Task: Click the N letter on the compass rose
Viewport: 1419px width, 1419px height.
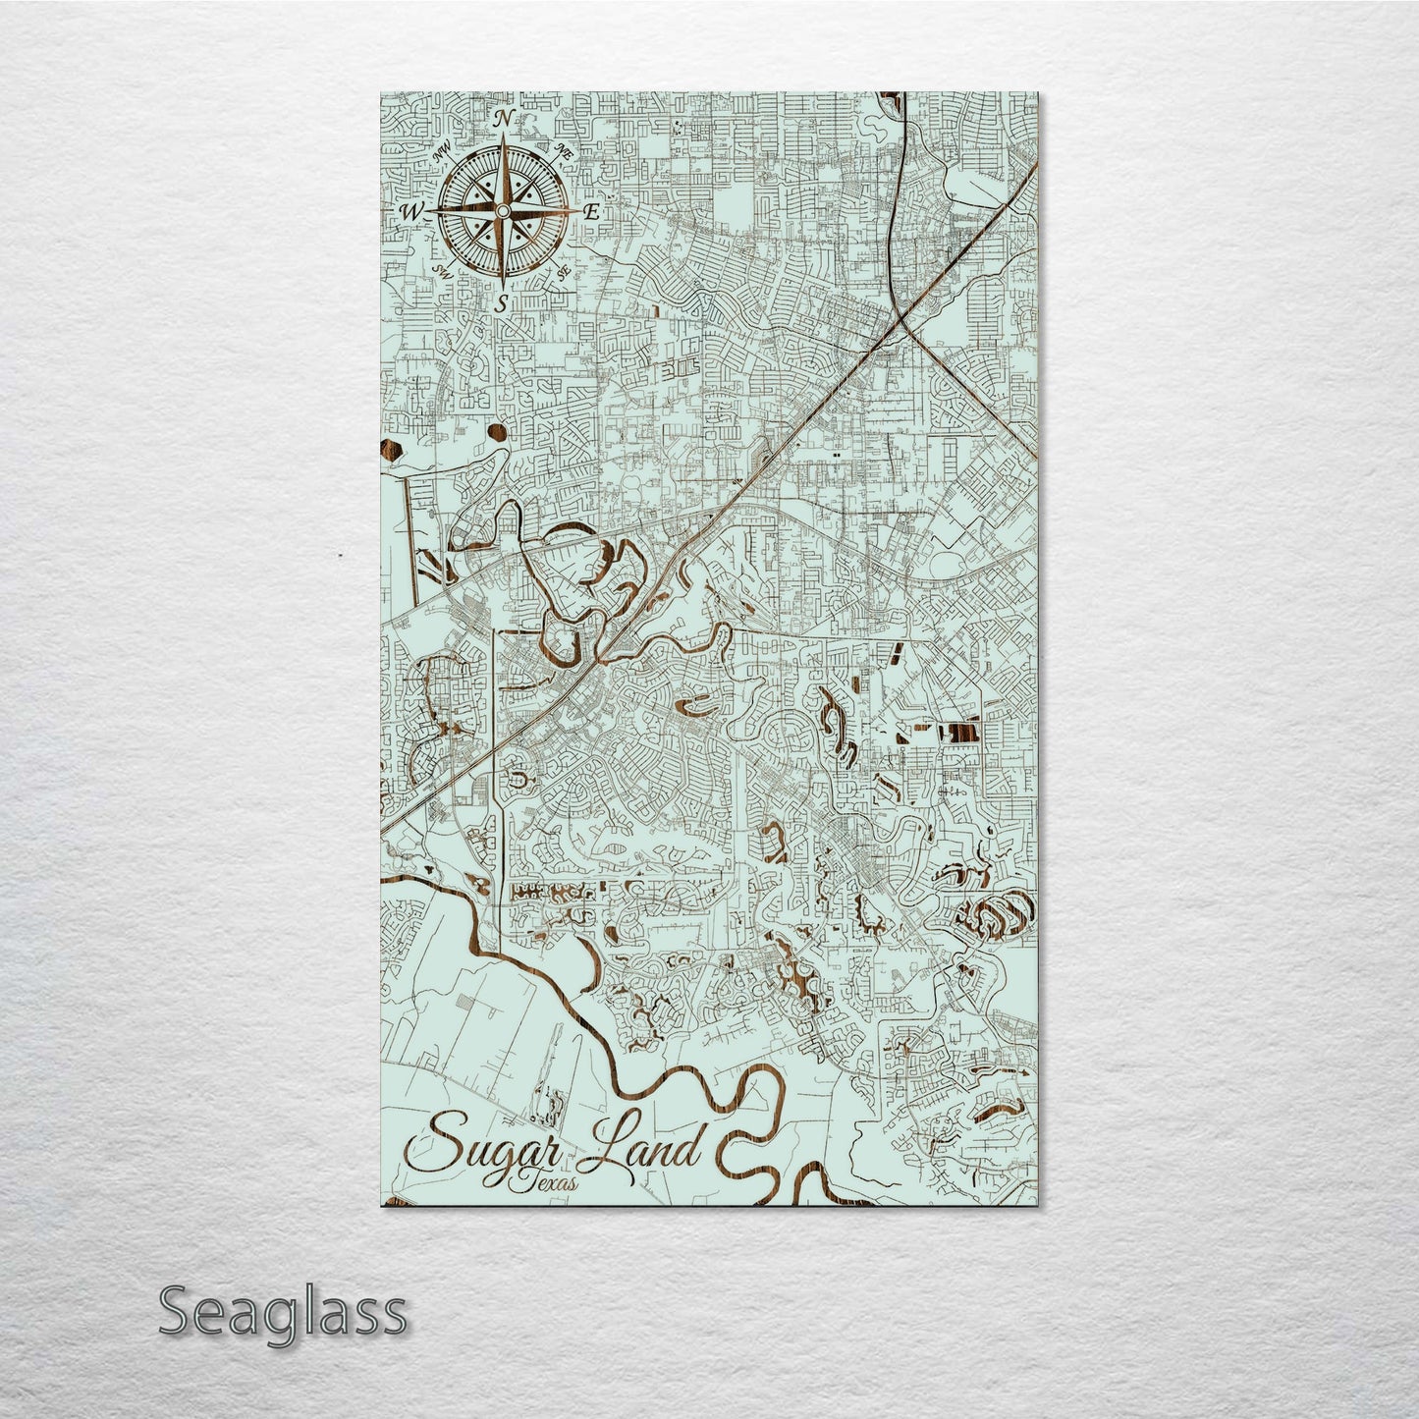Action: click(503, 120)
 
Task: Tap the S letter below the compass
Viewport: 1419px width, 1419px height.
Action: click(502, 303)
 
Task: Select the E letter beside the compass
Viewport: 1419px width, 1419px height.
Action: click(591, 212)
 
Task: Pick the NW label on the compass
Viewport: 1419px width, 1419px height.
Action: click(440, 152)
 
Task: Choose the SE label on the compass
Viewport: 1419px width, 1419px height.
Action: click(564, 272)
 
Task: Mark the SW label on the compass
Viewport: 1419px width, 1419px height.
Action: click(441, 271)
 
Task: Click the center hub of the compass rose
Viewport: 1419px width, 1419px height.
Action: click(502, 211)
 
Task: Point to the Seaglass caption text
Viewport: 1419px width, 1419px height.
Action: click(282, 1311)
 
